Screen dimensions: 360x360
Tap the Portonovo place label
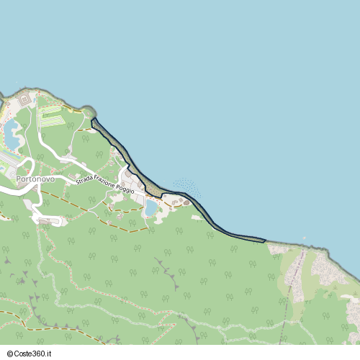pyautogui.click(x=30, y=179)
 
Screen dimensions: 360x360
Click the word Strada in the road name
pyautogui.click(x=86, y=180)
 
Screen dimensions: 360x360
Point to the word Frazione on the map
pyautogui.click(x=108, y=184)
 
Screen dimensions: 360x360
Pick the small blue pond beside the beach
pyautogui.click(x=151, y=208)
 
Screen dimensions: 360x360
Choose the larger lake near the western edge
pyautogui.click(x=12, y=132)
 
